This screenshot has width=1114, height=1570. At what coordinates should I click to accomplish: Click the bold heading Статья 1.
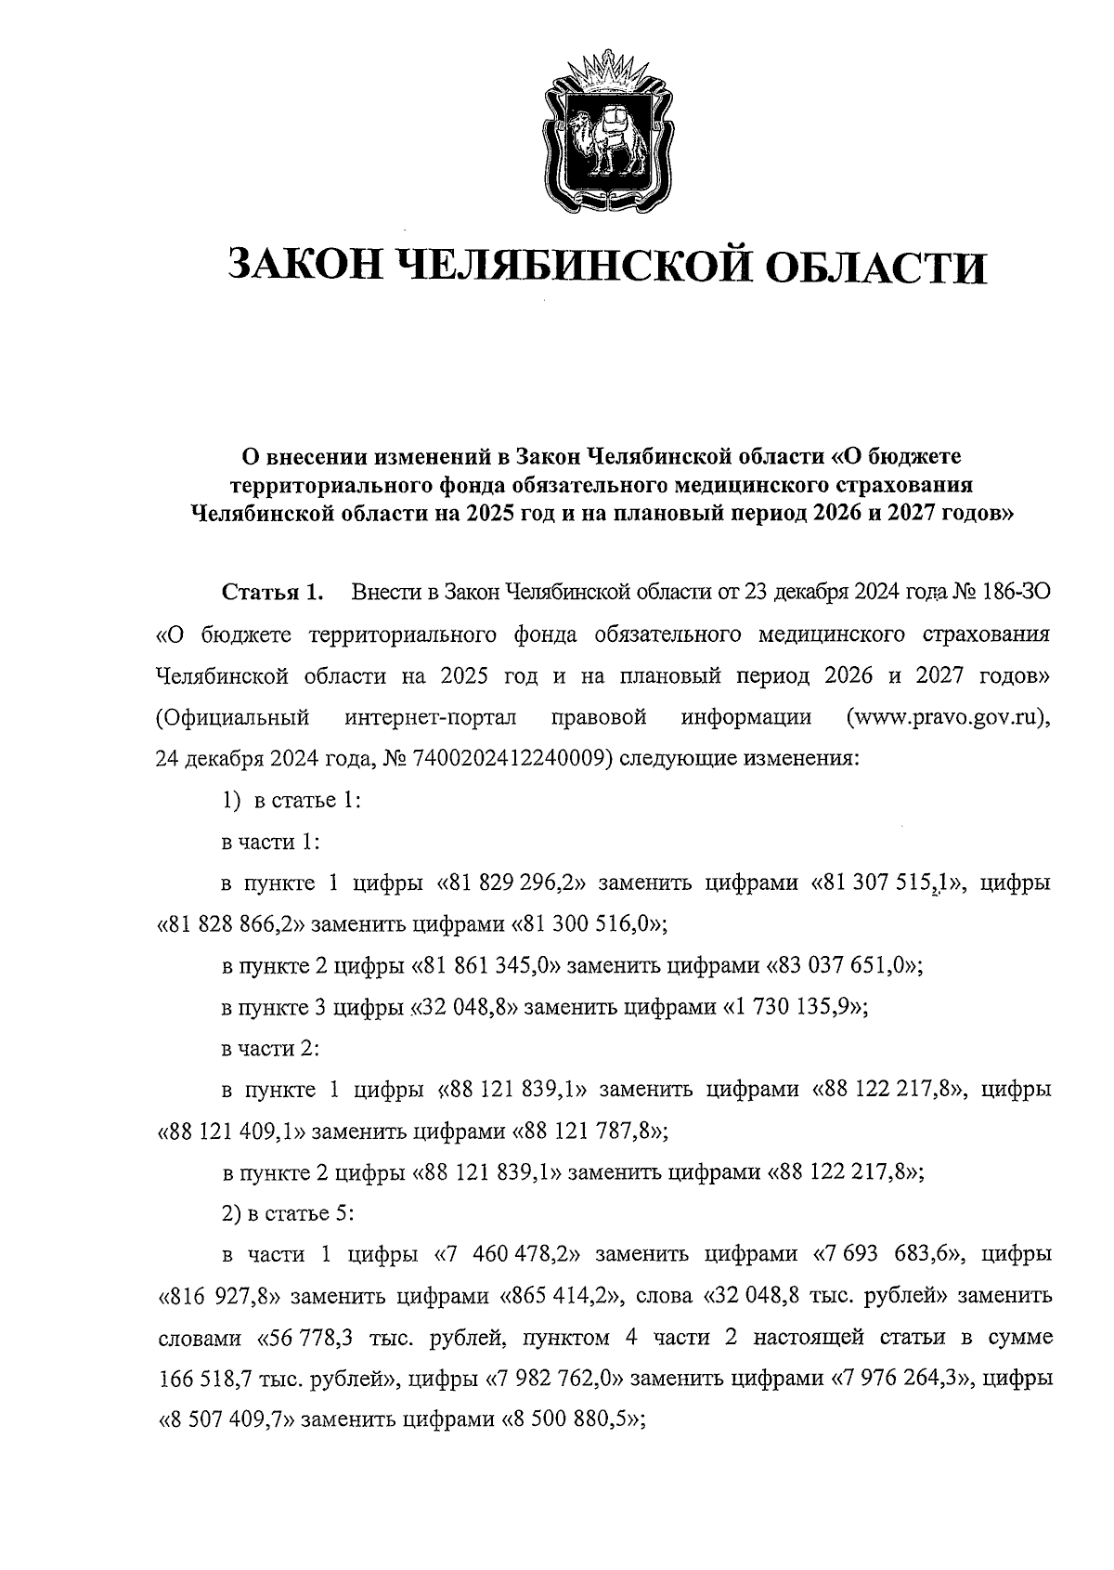(272, 593)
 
